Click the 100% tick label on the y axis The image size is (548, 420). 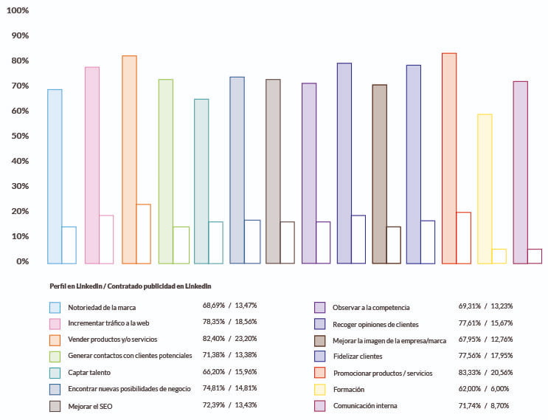click(x=16, y=10)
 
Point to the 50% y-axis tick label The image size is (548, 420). click(x=18, y=136)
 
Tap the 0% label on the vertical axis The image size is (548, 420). click(x=21, y=261)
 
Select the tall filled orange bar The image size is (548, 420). click(x=129, y=159)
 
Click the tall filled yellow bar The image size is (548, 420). click(x=485, y=189)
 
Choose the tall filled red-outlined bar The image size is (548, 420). click(x=449, y=158)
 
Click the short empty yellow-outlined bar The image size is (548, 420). click(x=499, y=256)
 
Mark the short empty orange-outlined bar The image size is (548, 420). click(x=144, y=233)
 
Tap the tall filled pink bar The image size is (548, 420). click(x=92, y=165)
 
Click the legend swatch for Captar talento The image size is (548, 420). click(x=55, y=372)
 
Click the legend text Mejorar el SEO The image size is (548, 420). click(x=89, y=405)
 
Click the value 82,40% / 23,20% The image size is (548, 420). click(x=229, y=338)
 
